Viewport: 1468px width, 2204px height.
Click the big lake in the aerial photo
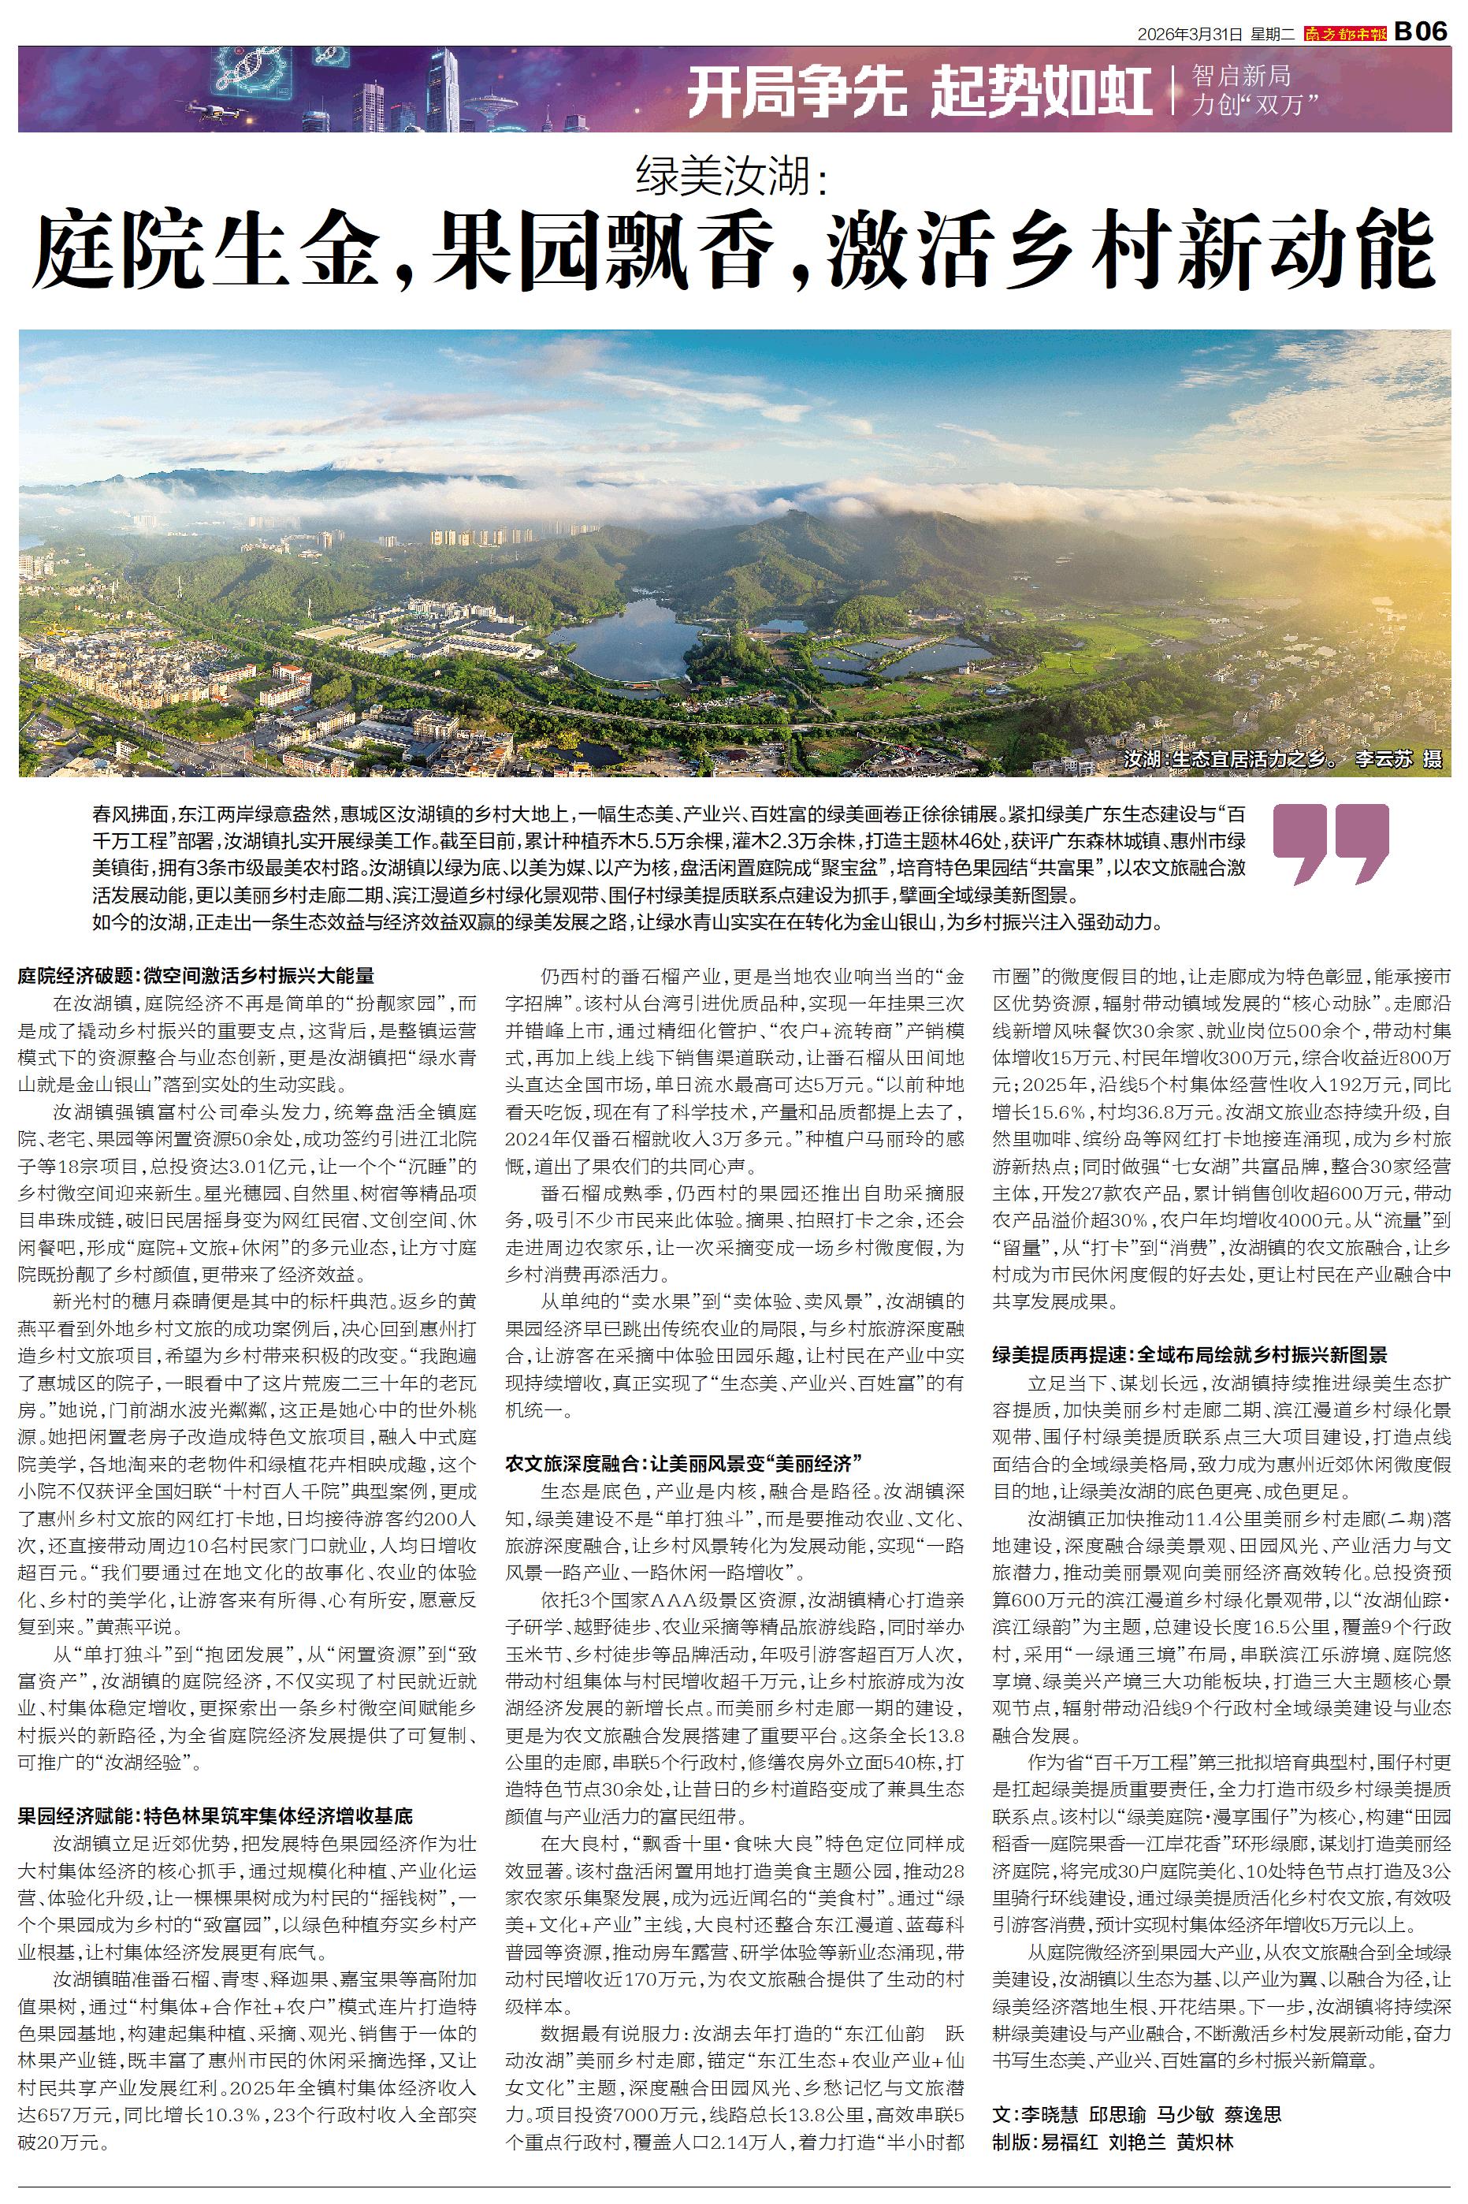(x=637, y=637)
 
